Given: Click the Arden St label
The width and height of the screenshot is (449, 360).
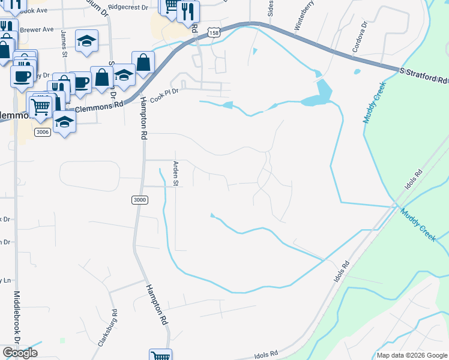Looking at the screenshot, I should (176, 173).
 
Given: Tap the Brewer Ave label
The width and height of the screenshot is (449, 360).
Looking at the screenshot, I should (37, 29).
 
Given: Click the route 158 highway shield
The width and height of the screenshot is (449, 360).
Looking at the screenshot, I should (214, 35).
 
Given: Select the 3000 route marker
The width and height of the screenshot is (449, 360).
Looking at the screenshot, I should (139, 200).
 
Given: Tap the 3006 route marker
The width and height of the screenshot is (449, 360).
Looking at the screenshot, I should (41, 132).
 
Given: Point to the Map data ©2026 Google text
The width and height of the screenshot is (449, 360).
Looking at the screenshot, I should (411, 355).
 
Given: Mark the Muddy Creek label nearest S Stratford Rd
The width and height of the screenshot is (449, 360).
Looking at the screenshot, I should (372, 103).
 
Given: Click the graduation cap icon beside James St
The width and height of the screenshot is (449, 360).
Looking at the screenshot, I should (86, 40).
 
